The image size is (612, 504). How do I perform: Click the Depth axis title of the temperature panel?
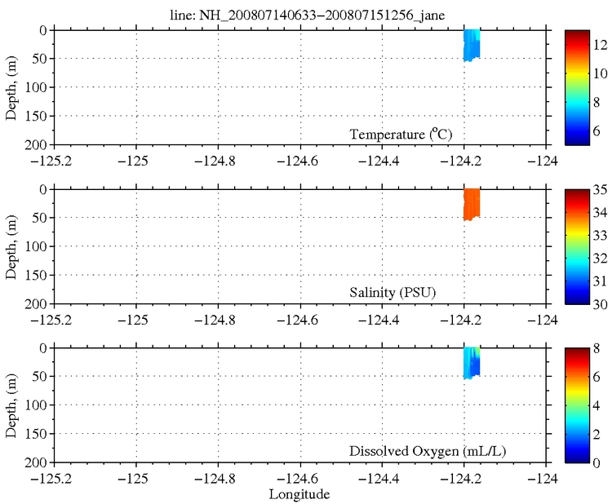tap(12, 86)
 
